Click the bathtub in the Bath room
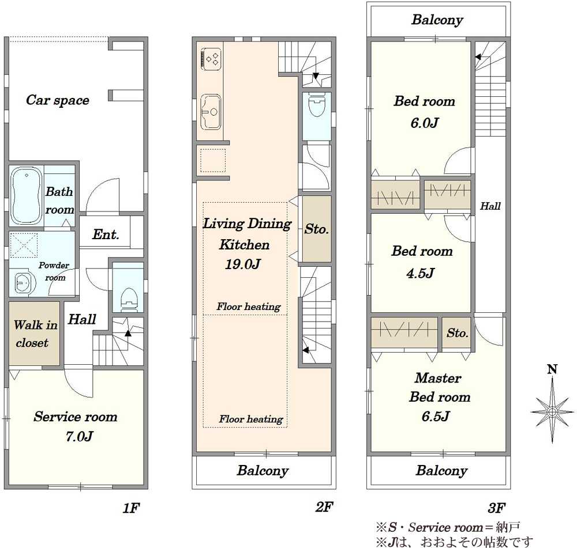[26, 195]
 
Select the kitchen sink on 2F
[211, 112]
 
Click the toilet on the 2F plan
[316, 105]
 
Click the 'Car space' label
[57, 100]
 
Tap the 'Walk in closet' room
[35, 334]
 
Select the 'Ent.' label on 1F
[106, 235]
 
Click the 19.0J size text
[243, 264]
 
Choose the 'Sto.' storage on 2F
[316, 229]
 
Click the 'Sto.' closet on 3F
[457, 332]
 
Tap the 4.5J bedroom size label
[420, 273]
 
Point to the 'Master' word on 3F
[438, 378]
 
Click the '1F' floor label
[131, 508]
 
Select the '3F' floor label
[496, 508]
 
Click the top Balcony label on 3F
[437, 20]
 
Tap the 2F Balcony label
[263, 470]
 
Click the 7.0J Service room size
[79, 436]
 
